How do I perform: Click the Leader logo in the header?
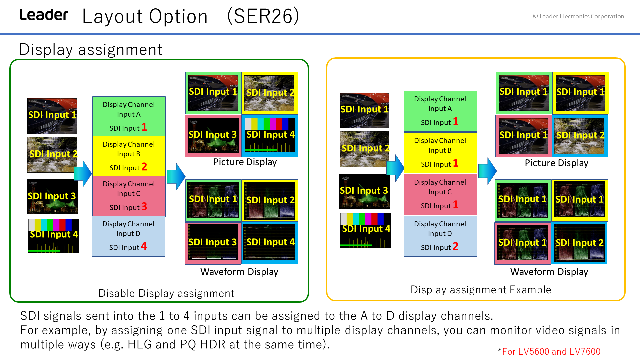(x=44, y=15)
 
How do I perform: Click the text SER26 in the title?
(x=263, y=16)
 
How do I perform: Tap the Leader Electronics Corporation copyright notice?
(x=578, y=16)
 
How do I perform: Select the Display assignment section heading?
(x=91, y=49)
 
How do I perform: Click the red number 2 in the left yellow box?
(x=144, y=166)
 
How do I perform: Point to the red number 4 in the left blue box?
(x=144, y=246)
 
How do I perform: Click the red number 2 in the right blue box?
(x=456, y=246)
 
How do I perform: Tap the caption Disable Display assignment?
(x=166, y=293)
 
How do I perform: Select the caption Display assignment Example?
(x=481, y=290)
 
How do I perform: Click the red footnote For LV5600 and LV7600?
(x=551, y=351)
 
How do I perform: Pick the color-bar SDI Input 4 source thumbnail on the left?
(x=53, y=236)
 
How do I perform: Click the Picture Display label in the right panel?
(x=556, y=163)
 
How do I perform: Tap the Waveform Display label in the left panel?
(x=239, y=272)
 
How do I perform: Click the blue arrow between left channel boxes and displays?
(x=176, y=177)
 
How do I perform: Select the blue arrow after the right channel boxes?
(x=487, y=171)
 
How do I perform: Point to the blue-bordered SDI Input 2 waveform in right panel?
(x=579, y=243)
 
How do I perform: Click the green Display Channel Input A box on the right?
(x=440, y=111)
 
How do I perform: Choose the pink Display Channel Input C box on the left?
(x=129, y=196)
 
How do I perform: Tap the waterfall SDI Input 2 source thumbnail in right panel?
(x=364, y=149)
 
